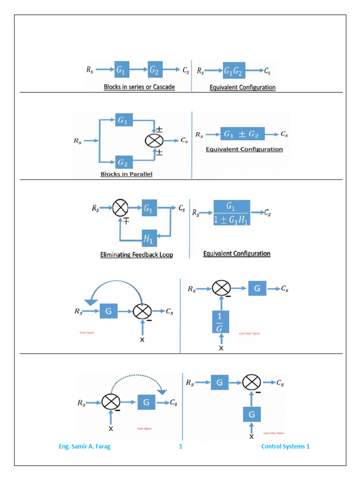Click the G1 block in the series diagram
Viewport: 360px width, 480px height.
(x=121, y=70)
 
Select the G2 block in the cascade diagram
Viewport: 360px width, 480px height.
(x=155, y=70)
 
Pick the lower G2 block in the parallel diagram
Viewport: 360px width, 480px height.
(x=123, y=162)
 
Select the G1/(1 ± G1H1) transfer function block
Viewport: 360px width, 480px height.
(x=232, y=212)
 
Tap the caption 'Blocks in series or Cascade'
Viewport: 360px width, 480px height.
(x=139, y=87)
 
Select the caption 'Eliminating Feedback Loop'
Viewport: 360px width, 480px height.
(x=136, y=255)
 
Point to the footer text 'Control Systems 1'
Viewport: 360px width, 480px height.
(x=285, y=446)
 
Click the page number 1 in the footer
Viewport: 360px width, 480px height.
(x=180, y=446)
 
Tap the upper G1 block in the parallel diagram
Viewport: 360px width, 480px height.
(x=123, y=120)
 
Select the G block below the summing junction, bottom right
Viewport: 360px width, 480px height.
(x=252, y=414)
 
